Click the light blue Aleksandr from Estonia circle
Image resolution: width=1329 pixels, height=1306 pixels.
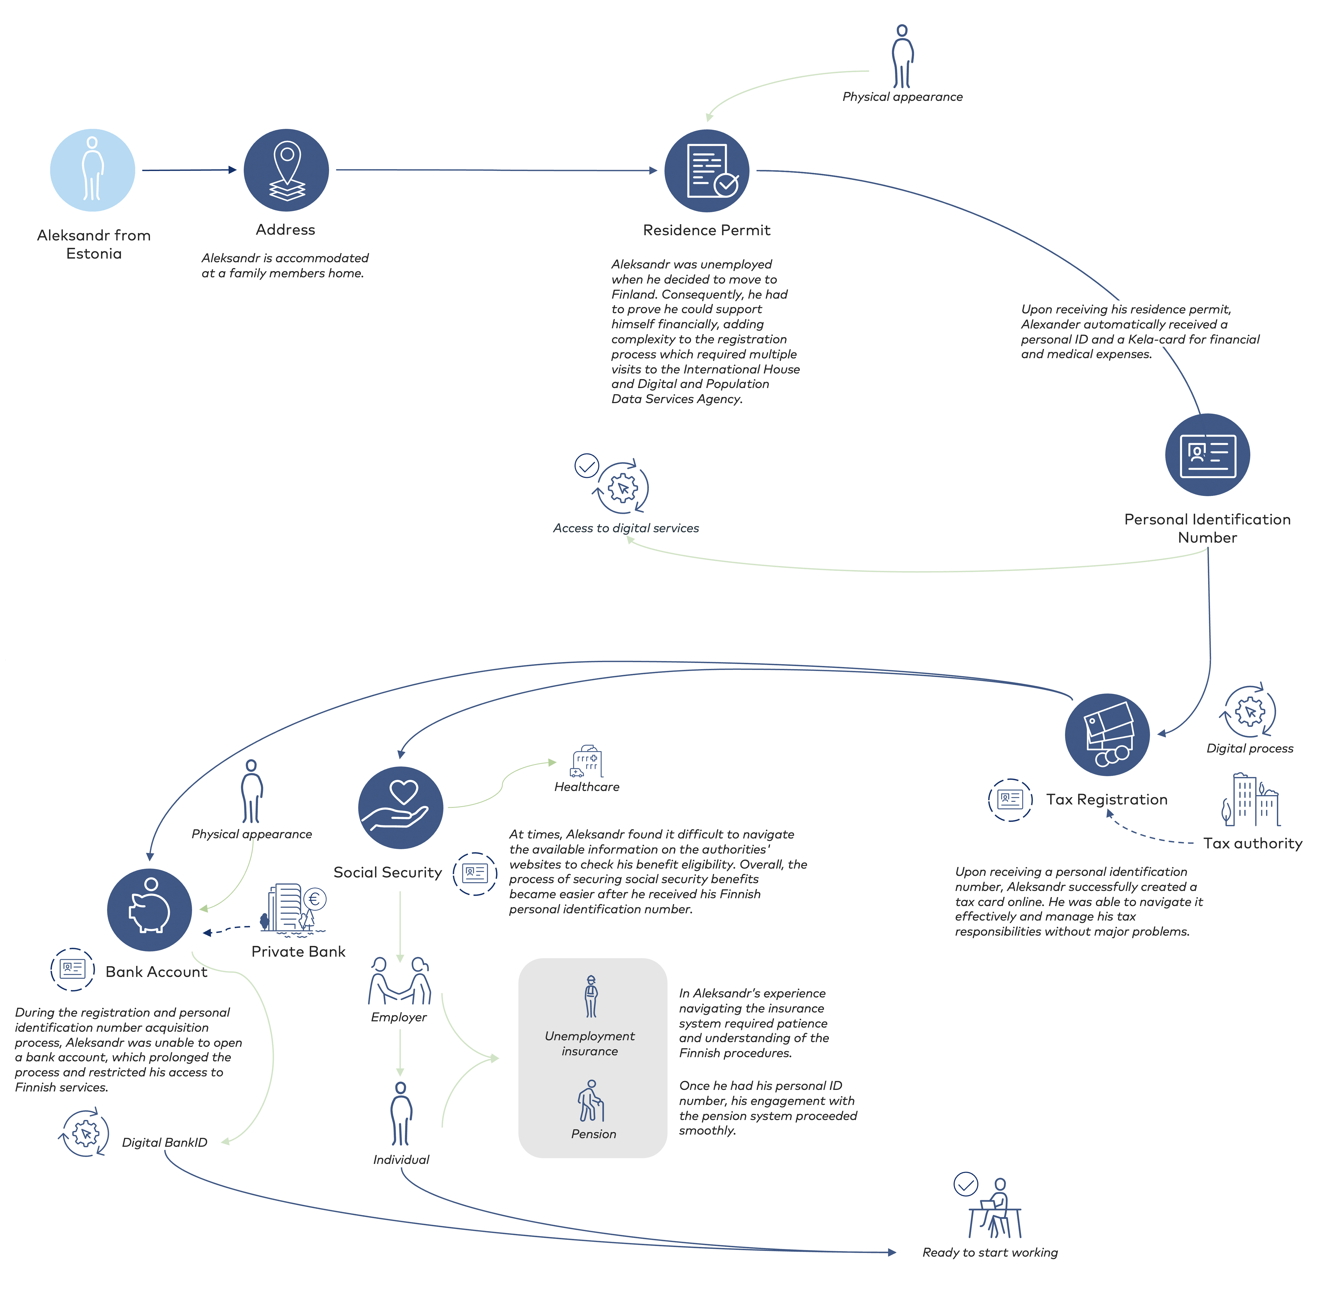pos(93,170)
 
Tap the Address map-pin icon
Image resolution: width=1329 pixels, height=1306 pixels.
pos(287,170)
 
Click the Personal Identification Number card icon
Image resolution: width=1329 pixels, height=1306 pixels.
pos(1208,455)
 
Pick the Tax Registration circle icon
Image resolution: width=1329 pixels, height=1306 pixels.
pos(1107,735)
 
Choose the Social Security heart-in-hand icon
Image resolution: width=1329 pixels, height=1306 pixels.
pos(401,807)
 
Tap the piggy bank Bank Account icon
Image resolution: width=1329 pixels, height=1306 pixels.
pos(149,910)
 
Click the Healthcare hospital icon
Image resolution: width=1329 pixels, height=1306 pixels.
pos(586,761)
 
